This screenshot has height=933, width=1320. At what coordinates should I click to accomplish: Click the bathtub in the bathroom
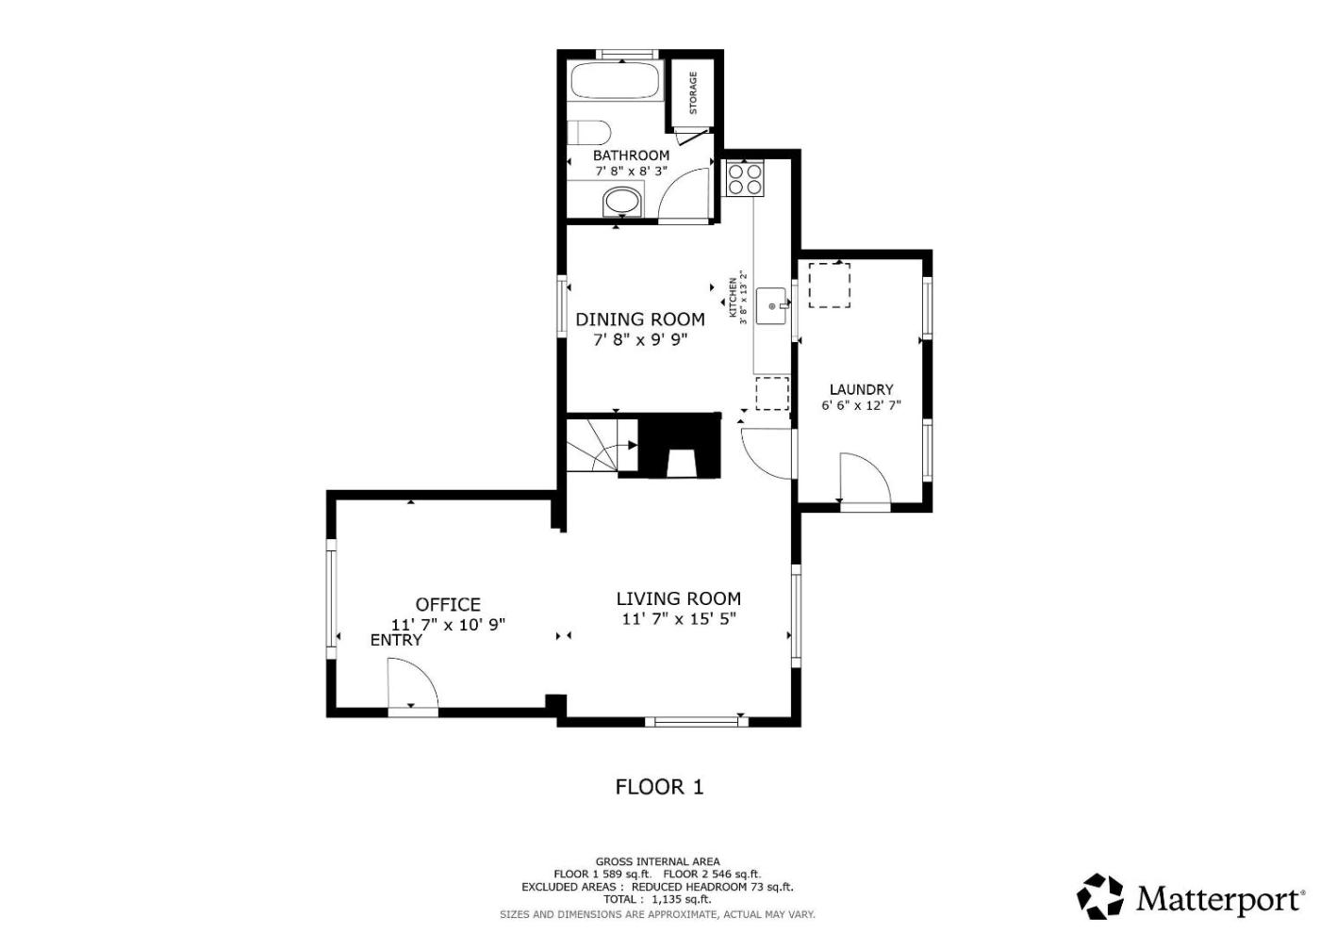(615, 81)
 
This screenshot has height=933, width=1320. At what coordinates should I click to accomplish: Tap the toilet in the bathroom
(587, 133)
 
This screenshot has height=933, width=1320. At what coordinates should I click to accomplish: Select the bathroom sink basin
(621, 202)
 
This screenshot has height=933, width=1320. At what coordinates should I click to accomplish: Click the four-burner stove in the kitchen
(745, 178)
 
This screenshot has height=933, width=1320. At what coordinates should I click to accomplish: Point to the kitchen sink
(772, 306)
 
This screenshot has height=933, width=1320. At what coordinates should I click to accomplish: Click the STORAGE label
(693, 93)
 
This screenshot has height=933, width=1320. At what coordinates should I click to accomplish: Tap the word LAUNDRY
(861, 389)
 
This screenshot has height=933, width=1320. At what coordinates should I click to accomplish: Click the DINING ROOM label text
(640, 319)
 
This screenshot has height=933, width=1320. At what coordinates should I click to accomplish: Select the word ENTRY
(396, 640)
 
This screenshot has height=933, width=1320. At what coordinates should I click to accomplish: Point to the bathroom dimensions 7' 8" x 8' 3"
(631, 172)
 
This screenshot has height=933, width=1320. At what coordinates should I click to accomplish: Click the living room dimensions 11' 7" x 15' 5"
(679, 619)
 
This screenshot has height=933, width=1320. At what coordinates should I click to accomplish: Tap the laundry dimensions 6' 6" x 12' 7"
(861, 405)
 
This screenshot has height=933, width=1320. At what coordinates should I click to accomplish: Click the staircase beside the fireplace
(602, 445)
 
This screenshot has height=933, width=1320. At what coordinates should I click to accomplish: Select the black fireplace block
(680, 445)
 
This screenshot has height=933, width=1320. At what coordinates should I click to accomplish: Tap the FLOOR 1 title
(659, 787)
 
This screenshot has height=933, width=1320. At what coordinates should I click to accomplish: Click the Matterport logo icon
(1099, 896)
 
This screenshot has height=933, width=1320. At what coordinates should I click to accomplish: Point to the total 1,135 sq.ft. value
(681, 899)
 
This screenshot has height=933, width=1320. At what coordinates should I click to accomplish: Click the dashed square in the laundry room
(829, 285)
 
